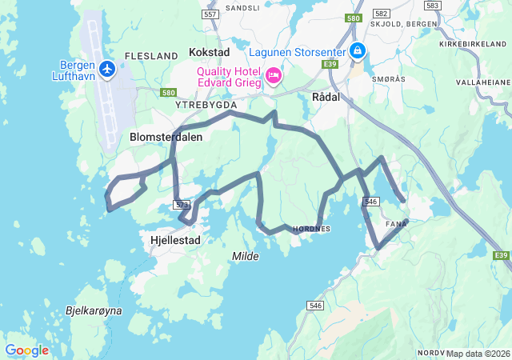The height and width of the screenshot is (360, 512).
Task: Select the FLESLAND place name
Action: click(x=151, y=56)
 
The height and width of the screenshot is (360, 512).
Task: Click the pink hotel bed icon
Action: click(x=274, y=76)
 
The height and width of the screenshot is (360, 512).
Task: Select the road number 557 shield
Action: click(x=210, y=15)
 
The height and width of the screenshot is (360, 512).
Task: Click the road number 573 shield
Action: click(x=181, y=205)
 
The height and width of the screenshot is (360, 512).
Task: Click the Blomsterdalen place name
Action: click(x=166, y=137)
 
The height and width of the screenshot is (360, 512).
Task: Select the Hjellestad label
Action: click(x=175, y=239)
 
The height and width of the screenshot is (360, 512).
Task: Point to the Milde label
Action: click(x=246, y=256)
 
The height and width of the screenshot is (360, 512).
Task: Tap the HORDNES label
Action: click(x=312, y=228)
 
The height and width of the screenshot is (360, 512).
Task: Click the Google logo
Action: click(x=26, y=350)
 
